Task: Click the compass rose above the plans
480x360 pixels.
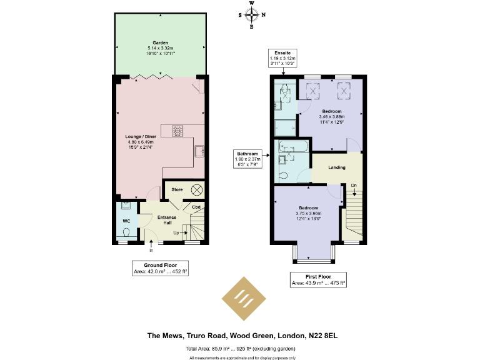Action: pyautogui.click(x=252, y=15)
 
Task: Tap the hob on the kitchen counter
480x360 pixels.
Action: pyautogui.click(x=177, y=130)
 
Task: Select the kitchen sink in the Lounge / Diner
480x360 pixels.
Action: pyautogui.click(x=200, y=151)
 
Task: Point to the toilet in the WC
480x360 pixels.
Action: pyautogui.click(x=126, y=233)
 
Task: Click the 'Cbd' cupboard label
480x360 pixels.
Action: pyautogui.click(x=196, y=207)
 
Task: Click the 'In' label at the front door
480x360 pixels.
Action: pyautogui.click(x=151, y=250)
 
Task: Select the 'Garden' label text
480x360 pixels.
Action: pyautogui.click(x=161, y=43)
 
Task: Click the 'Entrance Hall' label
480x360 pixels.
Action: pyautogui.click(x=167, y=220)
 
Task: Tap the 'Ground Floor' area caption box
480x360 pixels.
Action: pyautogui.click(x=161, y=268)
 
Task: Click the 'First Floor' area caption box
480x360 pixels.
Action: pyautogui.click(x=319, y=279)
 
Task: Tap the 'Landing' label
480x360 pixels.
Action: pyautogui.click(x=337, y=167)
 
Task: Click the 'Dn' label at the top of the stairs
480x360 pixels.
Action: pyautogui.click(x=353, y=185)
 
